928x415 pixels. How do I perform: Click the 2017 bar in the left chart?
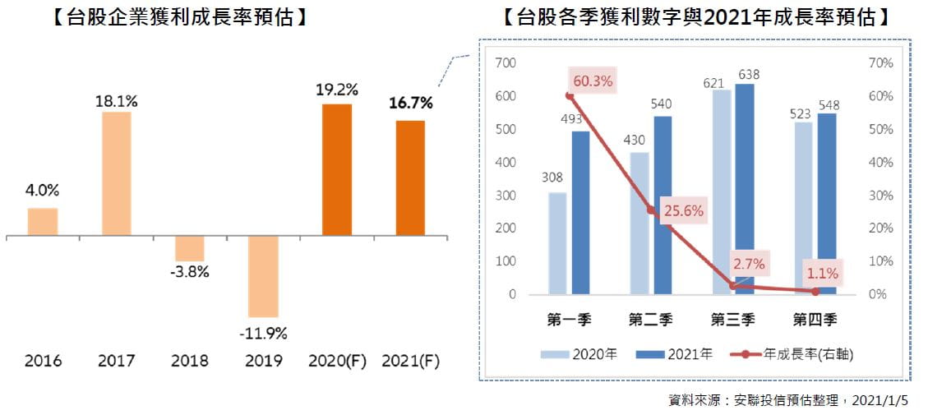(x=116, y=174)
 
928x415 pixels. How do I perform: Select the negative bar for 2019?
(x=263, y=277)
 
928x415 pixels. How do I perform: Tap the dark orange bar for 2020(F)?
(x=336, y=171)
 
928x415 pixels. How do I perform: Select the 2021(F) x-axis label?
(x=410, y=360)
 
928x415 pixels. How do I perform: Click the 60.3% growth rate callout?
(x=592, y=81)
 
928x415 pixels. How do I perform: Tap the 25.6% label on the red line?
(x=683, y=210)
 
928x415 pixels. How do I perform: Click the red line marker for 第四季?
(x=815, y=291)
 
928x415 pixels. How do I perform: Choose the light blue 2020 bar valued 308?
(x=557, y=243)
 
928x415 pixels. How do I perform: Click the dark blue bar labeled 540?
(x=663, y=205)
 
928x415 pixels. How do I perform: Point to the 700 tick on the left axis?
(x=506, y=63)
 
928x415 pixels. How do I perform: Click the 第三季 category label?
(x=733, y=319)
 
